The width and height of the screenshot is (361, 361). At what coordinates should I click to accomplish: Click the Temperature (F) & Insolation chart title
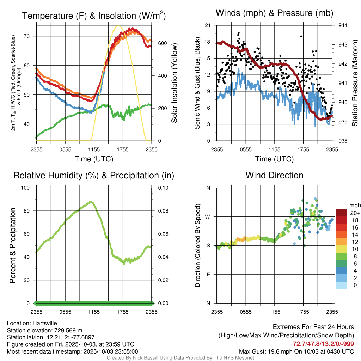(94, 16)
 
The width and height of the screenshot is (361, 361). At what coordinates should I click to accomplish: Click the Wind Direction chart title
(274, 175)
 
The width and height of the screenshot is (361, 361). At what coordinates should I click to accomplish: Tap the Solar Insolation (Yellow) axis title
(175, 83)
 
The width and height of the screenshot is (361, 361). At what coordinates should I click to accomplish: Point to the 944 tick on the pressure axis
(343, 25)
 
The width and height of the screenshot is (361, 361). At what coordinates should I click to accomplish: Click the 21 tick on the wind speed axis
(208, 25)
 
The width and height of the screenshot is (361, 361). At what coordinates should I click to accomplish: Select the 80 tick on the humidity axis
(29, 211)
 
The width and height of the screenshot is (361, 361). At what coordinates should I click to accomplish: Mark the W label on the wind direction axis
(208, 217)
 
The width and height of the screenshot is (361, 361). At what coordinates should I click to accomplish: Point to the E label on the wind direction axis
(208, 274)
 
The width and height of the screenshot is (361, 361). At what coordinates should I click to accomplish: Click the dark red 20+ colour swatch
(342, 213)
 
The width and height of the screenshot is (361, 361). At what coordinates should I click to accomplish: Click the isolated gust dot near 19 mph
(301, 36)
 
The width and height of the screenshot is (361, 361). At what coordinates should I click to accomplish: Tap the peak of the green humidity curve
(92, 202)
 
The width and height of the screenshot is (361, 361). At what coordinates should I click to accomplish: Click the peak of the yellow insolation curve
(118, 26)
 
